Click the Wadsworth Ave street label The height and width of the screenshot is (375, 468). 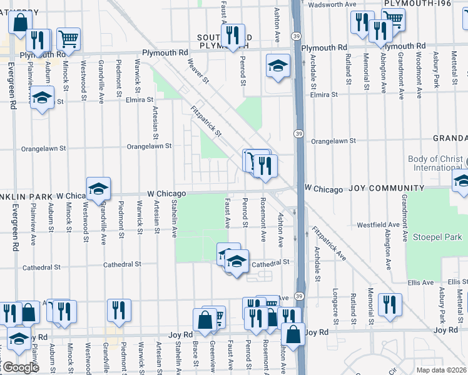[x=335, y=4]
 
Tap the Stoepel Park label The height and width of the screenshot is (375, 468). [x=437, y=237]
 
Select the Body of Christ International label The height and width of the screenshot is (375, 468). [x=435, y=163]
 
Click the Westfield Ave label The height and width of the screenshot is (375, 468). [x=378, y=224]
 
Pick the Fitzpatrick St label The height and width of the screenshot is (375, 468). [x=206, y=121]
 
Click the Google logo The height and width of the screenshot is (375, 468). [x=20, y=367]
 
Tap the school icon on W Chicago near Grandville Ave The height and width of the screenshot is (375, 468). [x=98, y=188]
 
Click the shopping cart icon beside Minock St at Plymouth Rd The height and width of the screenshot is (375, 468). [x=68, y=39]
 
